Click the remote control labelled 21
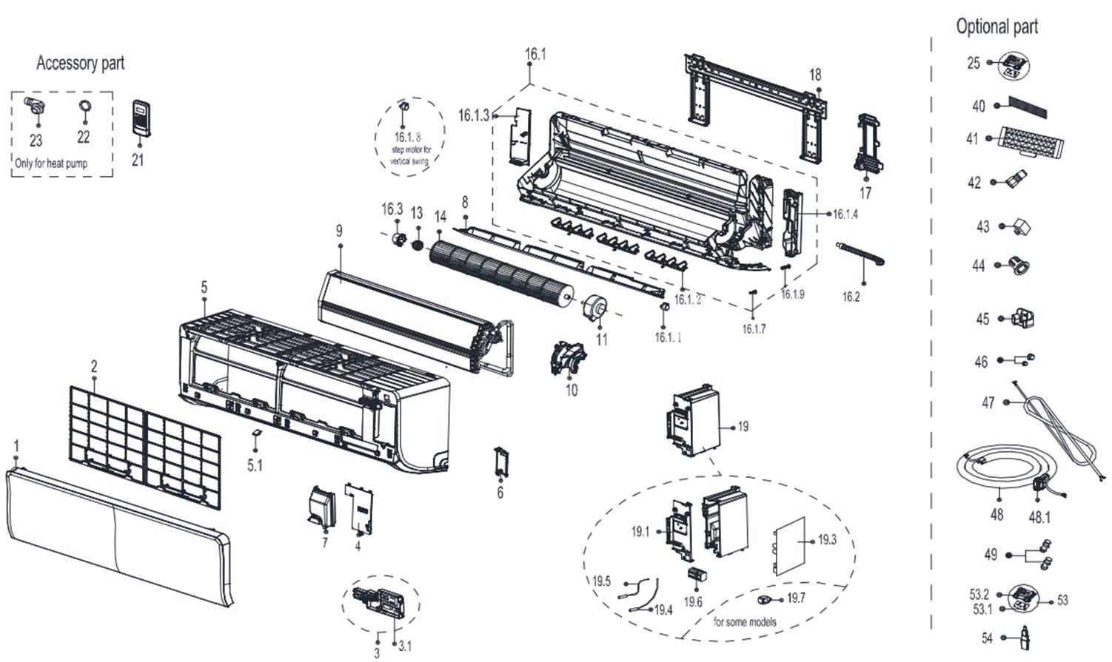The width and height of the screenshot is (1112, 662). [140, 118]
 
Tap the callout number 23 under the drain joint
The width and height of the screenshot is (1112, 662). [36, 140]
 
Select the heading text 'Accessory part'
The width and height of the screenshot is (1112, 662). [80, 64]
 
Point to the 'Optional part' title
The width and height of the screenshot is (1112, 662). [997, 27]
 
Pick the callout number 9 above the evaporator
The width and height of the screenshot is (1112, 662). [339, 232]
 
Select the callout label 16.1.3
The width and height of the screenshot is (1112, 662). [474, 115]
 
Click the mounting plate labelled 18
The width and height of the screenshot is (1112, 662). [755, 104]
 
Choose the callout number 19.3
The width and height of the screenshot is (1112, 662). [827, 540]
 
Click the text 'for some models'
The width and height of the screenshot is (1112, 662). [745, 622]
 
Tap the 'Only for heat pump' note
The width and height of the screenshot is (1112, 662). [51, 163]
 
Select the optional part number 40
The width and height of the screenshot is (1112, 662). [979, 107]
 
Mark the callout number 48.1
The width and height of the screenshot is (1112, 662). [1039, 519]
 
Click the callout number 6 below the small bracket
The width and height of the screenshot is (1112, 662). [500, 493]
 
